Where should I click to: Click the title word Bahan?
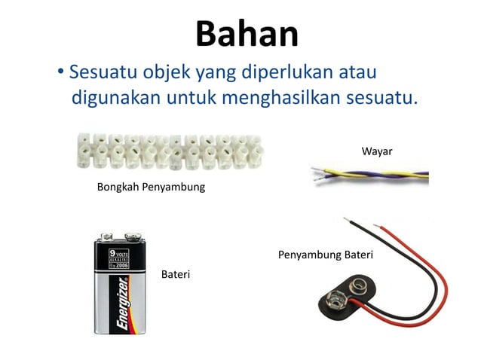247,34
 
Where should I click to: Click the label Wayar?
377,151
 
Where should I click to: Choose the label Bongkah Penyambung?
151,187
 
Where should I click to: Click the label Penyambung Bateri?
326,255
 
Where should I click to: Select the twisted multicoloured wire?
369,175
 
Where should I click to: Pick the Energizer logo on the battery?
122,304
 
